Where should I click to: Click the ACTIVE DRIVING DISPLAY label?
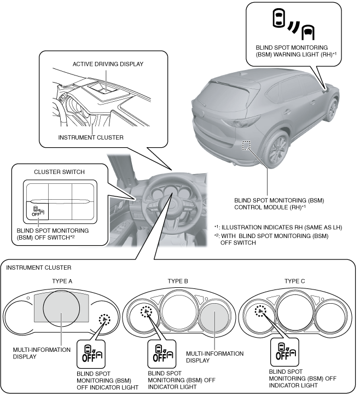(x=108, y=64)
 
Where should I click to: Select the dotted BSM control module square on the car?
(x=247, y=145)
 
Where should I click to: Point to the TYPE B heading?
(x=178, y=282)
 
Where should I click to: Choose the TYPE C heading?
(x=295, y=282)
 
